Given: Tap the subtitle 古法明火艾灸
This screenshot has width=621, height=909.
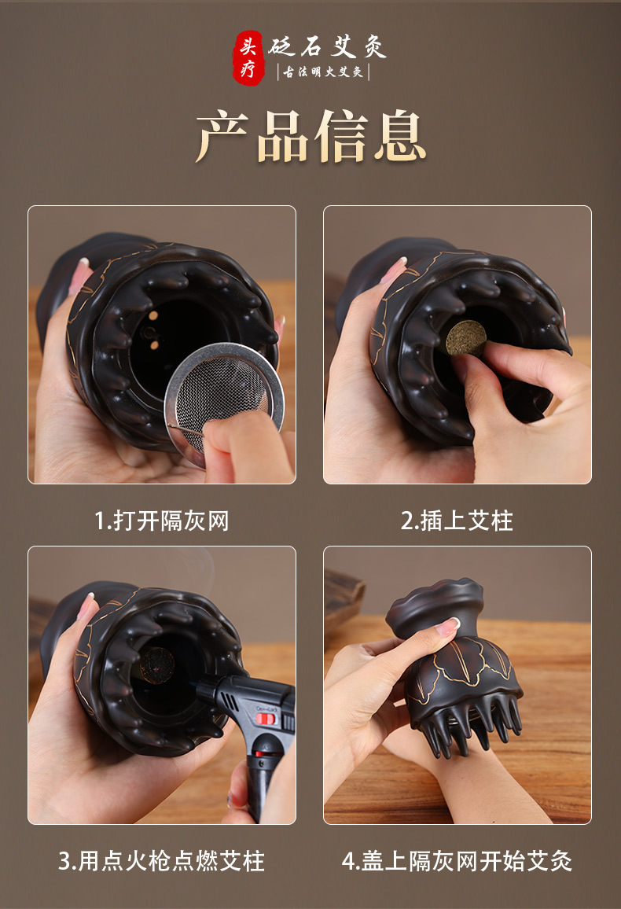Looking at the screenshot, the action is tap(322, 72).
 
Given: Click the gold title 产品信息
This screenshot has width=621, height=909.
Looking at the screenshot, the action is tap(311, 137).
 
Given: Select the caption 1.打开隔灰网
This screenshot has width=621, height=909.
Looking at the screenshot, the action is tap(162, 521).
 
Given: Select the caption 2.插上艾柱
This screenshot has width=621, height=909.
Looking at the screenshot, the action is tap(457, 521).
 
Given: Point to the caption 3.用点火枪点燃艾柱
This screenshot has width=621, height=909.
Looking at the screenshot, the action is tap(162, 861).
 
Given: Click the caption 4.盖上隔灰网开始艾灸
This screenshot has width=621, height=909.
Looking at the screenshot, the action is tap(457, 861).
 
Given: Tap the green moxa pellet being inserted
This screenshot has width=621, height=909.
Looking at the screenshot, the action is tap(465, 338).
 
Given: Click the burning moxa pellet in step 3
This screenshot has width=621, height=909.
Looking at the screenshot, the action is tap(157, 664).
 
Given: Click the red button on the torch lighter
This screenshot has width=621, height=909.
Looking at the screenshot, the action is tap(266, 719).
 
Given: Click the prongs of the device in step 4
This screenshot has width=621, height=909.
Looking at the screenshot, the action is tap(467, 725).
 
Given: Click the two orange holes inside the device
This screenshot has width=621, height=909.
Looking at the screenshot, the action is tap(154, 330).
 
